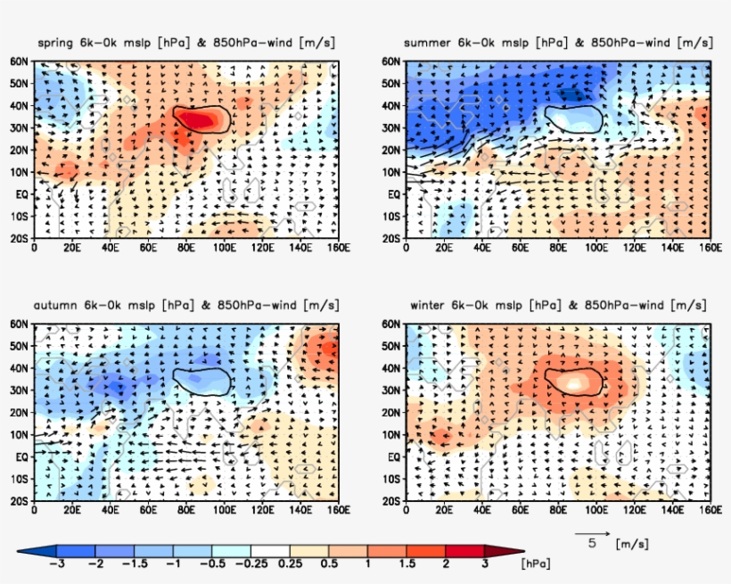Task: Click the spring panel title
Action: tap(187, 43)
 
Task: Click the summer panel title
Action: tap(559, 43)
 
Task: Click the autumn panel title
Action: tap(187, 305)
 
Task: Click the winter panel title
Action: tap(559, 305)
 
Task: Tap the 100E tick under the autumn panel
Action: tap(224, 511)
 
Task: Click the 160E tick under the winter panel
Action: tap(710, 511)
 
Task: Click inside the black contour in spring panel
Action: tap(201, 119)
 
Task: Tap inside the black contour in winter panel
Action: tap(573, 382)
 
